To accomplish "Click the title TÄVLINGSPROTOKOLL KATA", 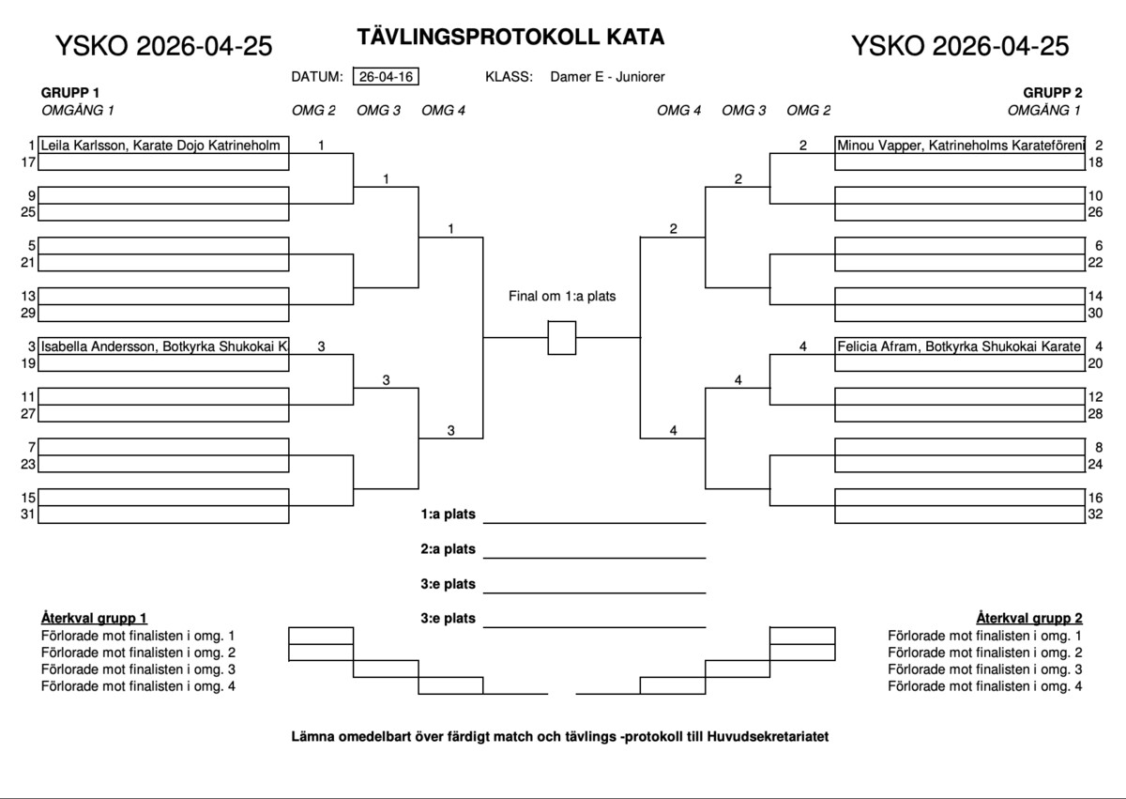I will [510, 37].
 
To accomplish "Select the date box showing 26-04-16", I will [386, 77].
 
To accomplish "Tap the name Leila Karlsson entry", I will [163, 146].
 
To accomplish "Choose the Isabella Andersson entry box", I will [163, 346].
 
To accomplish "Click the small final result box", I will [561, 338].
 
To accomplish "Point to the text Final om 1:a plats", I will [562, 296].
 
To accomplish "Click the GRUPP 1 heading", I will [70, 93].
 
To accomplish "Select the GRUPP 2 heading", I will [1053, 93].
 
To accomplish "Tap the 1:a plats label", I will [449, 515].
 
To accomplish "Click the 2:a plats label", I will [449, 549].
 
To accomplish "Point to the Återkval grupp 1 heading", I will [94, 618].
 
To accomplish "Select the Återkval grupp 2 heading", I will [1029, 618].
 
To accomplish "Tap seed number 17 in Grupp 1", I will [28, 162].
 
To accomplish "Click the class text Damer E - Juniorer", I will [608, 77].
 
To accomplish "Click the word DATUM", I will [316, 77].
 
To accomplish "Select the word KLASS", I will [510, 77].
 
